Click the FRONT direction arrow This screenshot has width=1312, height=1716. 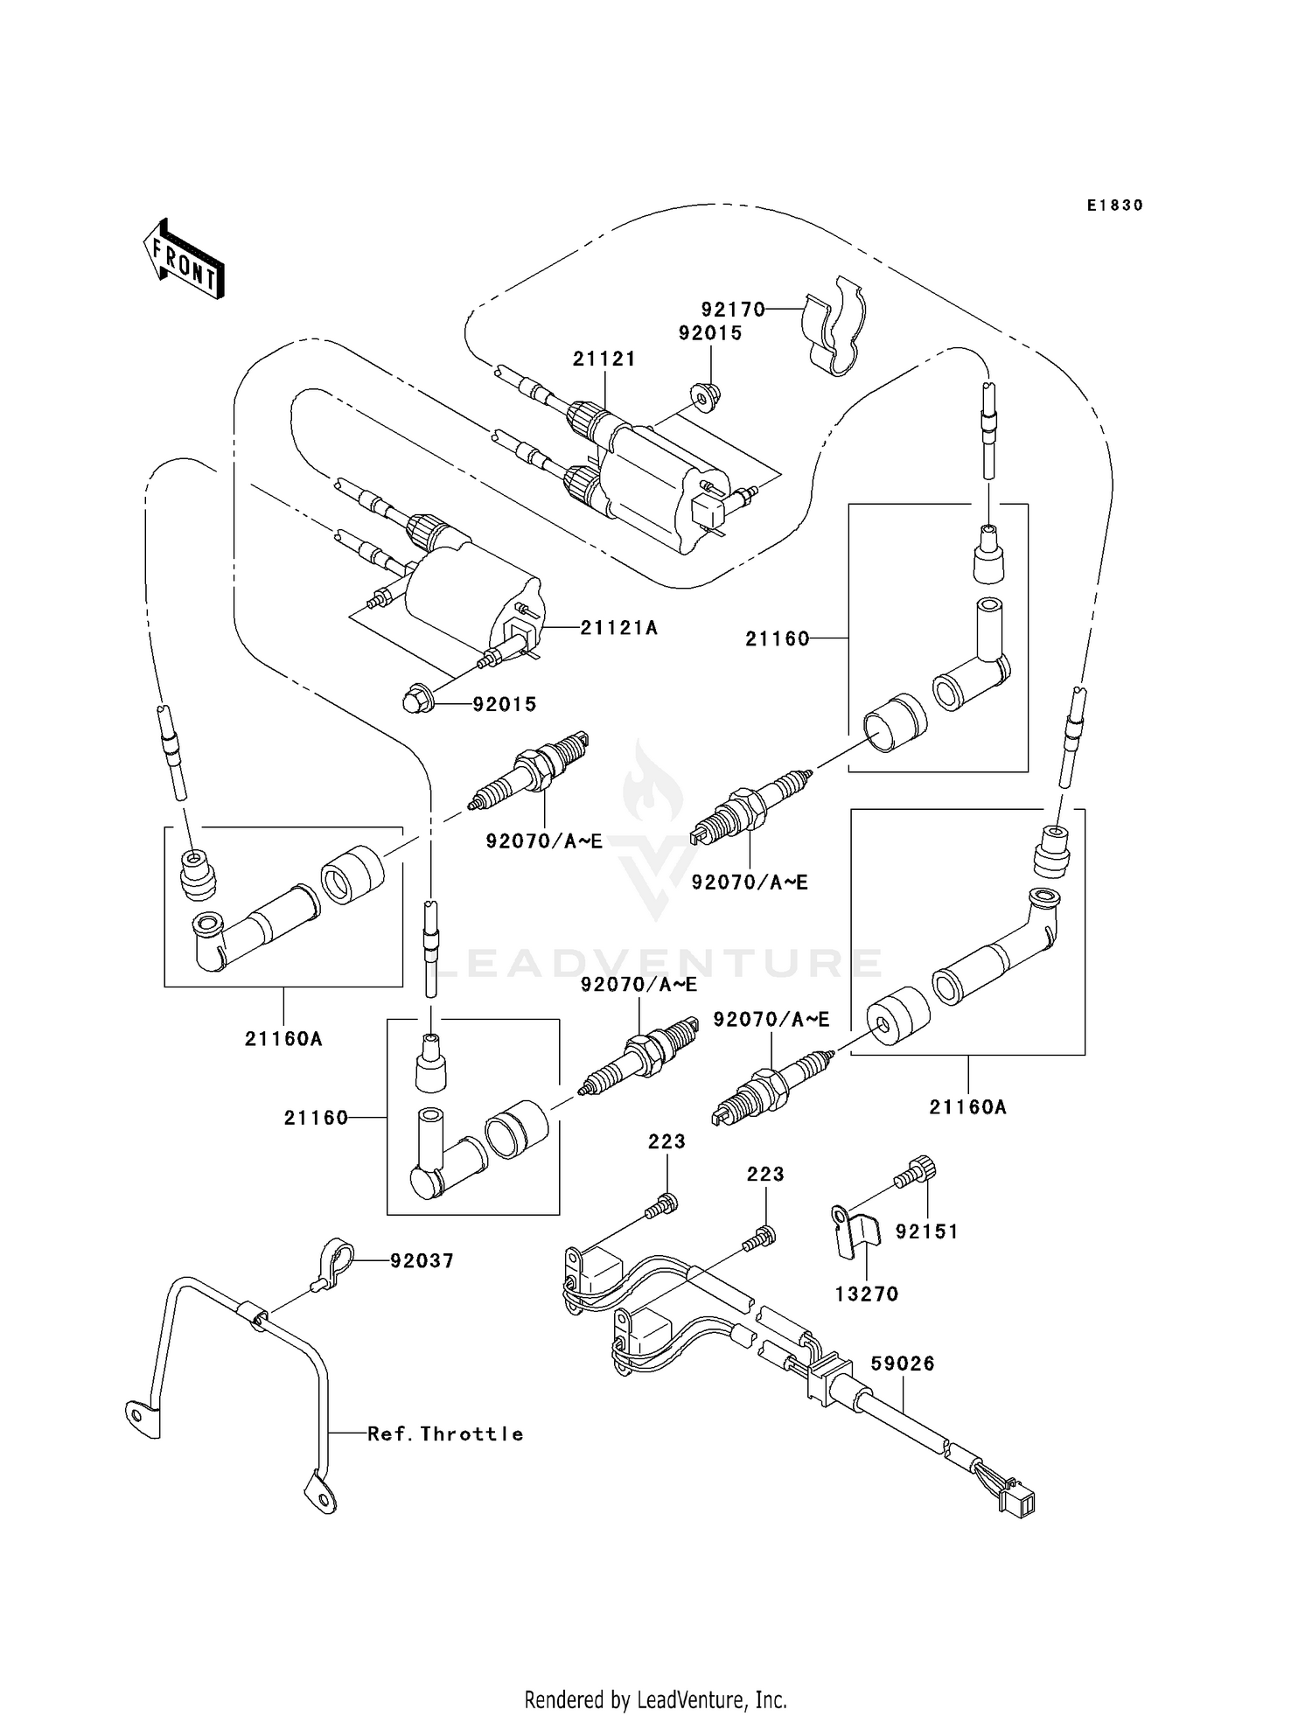pos(185,260)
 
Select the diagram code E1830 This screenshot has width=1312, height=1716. pos(1114,206)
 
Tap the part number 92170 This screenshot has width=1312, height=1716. pos(732,310)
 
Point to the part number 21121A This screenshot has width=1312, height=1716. pos(618,627)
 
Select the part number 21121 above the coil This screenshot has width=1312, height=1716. pos(604,359)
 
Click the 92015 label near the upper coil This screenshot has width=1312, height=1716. pos(710,333)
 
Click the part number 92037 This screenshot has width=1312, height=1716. pos(422,1260)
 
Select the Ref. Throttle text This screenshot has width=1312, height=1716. pos(444,1433)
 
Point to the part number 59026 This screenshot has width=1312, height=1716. pos(903,1364)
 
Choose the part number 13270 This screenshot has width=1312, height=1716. pos(866,1294)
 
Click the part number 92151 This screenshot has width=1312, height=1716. pos(926,1231)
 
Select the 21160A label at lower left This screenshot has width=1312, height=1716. pos(283,1039)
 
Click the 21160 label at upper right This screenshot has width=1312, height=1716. pos(777,639)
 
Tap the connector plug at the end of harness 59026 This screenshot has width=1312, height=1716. pos(1020,1503)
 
